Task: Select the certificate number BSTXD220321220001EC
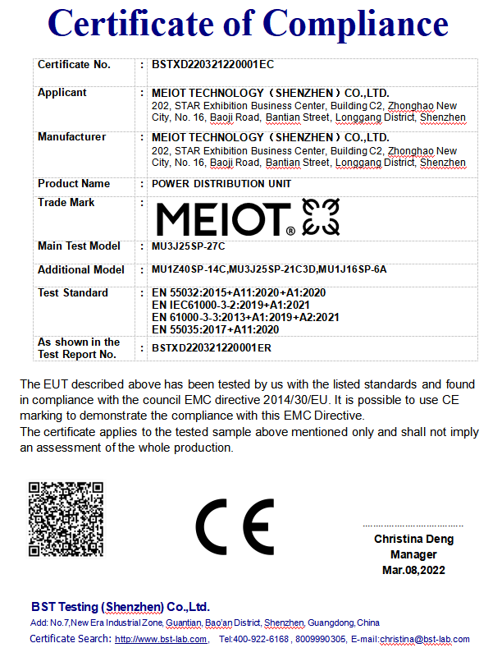tap(212, 65)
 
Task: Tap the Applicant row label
tap(62, 93)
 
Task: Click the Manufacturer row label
tap(71, 137)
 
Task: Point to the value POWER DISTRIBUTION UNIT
tap(221, 184)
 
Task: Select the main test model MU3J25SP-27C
tap(189, 246)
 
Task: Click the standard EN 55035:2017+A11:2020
tap(216, 329)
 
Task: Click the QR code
tap(66, 521)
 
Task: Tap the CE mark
tap(235, 526)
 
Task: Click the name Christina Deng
tap(413, 540)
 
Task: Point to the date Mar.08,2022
tap(413, 570)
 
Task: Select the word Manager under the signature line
tap(413, 554)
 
